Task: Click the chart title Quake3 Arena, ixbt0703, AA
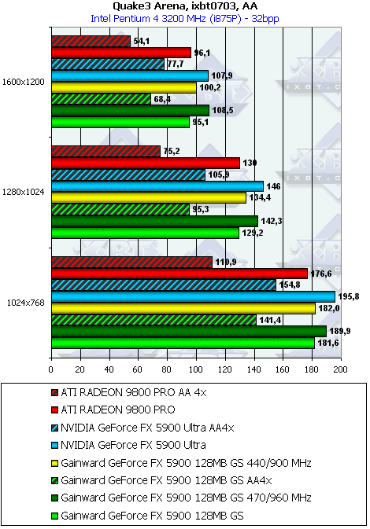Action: pos(185,6)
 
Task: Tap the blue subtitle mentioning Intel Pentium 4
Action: pos(185,19)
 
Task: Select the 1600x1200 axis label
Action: pos(24,82)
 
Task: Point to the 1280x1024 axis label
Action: pos(24,192)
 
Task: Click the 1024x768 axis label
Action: pos(26,303)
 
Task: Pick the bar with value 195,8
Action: pos(194,297)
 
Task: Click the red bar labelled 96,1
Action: pos(121,53)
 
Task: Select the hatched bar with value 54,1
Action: pos(91,41)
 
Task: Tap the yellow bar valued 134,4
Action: pos(149,198)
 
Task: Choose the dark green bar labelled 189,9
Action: pos(189,332)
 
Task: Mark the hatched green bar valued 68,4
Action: pos(102,99)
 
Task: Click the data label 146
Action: pos(274,186)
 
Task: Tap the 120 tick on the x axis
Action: pos(224,369)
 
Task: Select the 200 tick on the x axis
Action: pos(340,369)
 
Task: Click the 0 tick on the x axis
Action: pos(51,369)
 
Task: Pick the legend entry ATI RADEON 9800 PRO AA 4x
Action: pos(129,393)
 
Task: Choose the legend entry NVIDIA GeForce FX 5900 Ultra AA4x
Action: pos(142,428)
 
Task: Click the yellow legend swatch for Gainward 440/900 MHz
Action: pos(54,463)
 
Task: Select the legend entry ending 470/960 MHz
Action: pos(181,498)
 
